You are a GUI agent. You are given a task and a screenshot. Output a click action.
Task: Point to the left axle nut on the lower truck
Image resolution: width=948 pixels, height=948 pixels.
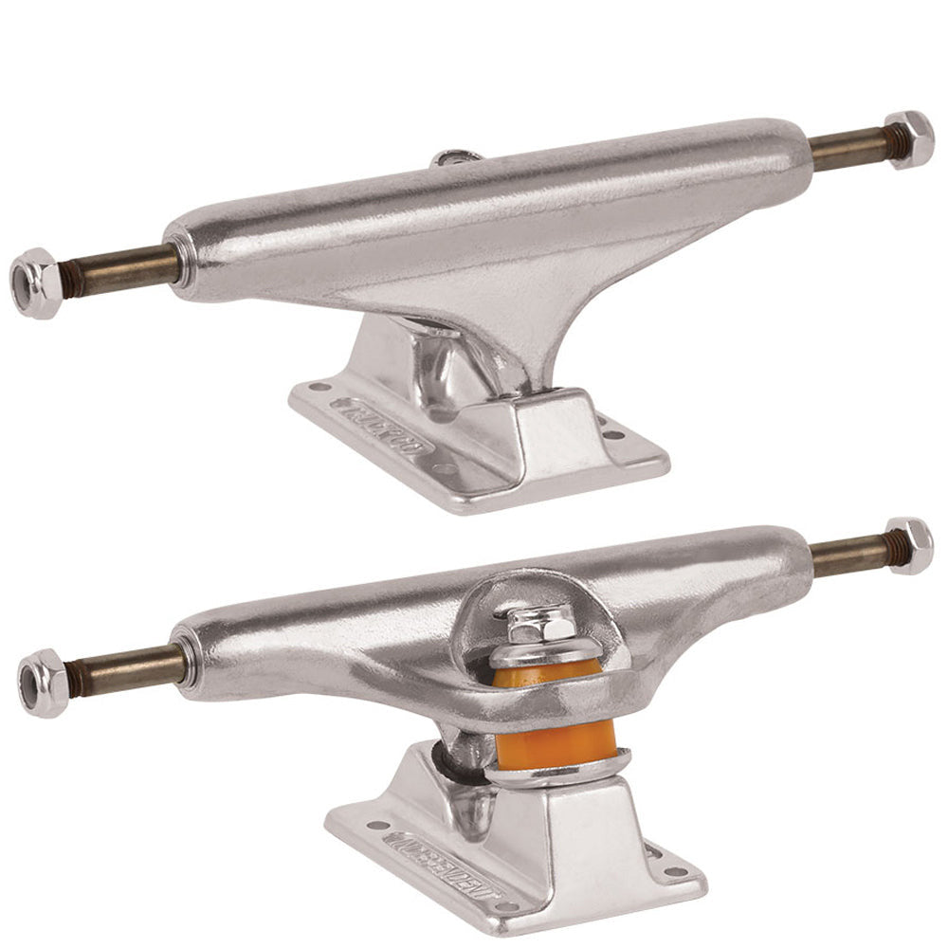point(44,683)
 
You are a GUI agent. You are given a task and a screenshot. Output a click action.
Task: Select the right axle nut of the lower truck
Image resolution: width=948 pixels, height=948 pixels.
point(911,546)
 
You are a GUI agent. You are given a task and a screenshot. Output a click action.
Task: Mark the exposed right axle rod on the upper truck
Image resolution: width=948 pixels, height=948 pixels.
point(847,150)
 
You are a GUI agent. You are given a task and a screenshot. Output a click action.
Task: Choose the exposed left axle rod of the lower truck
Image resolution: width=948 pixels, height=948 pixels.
point(123,668)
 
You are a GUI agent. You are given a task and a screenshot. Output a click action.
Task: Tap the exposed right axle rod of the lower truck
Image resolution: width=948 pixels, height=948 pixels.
point(848,556)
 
